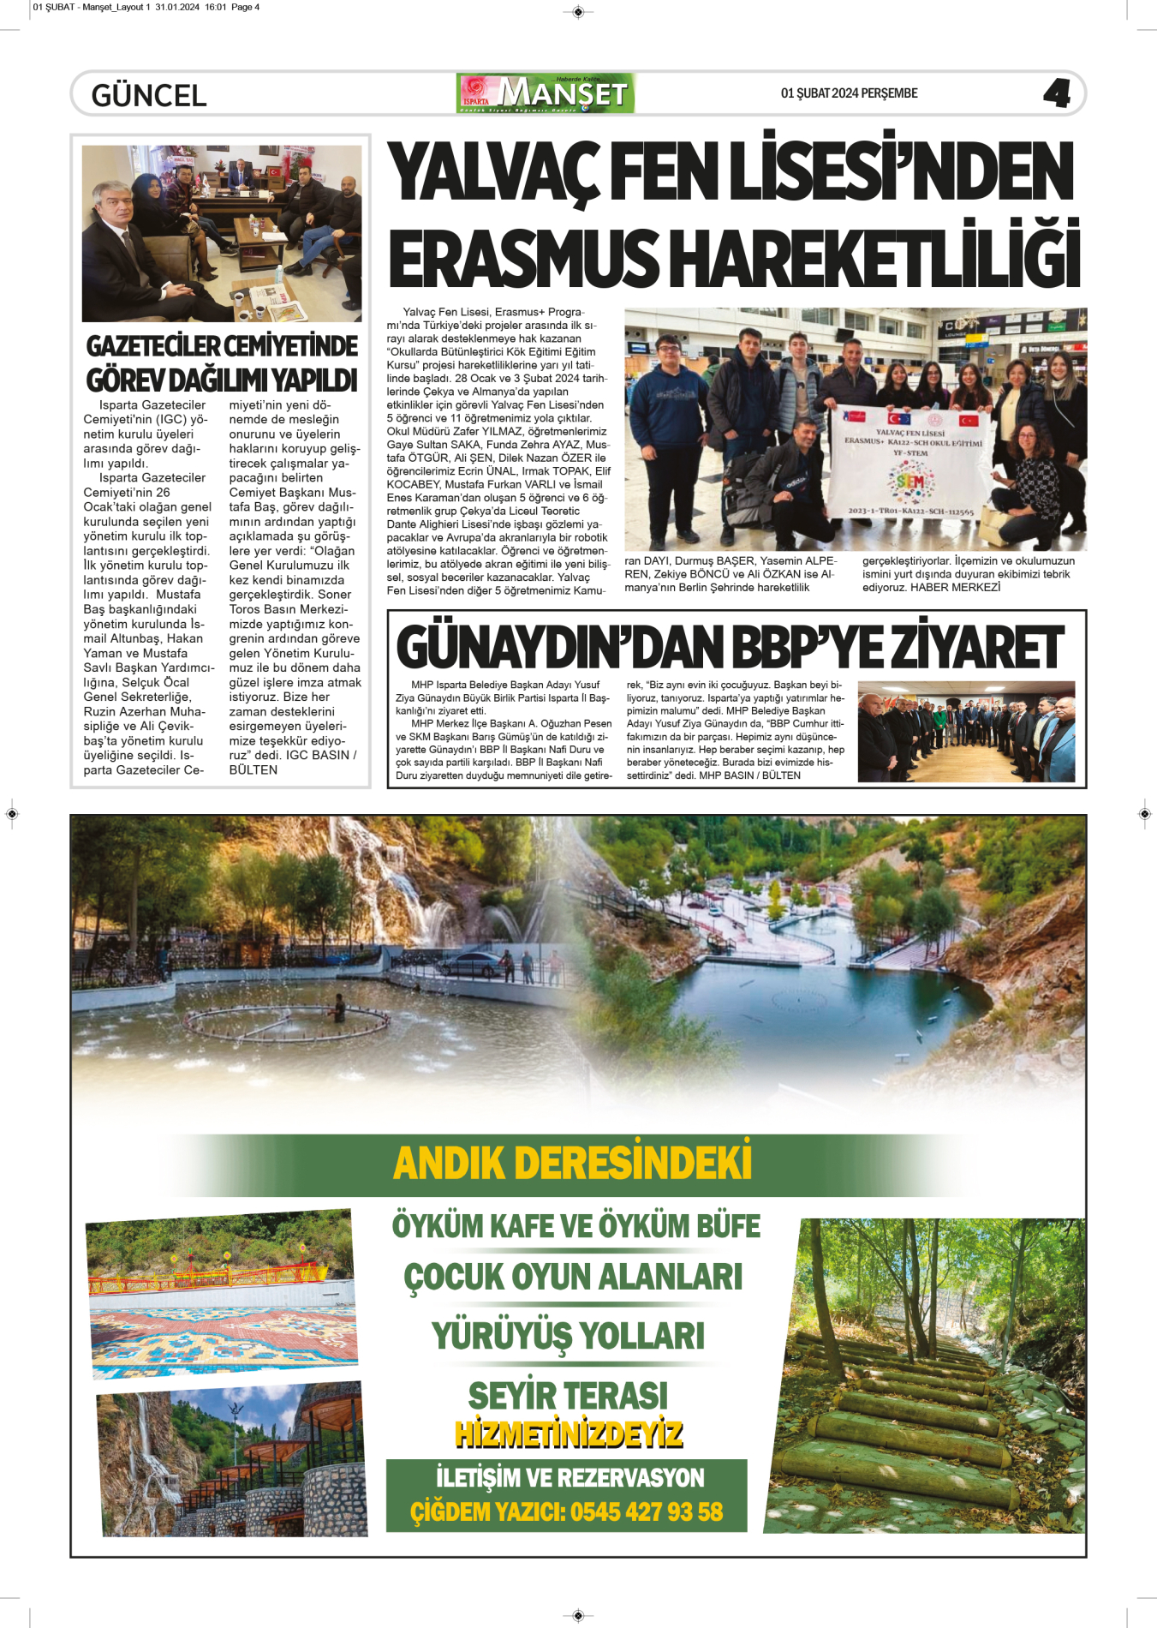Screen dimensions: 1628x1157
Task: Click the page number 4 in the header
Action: tap(1057, 93)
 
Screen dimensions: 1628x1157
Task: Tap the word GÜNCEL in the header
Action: tap(149, 95)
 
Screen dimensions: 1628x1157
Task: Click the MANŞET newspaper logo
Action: tap(546, 93)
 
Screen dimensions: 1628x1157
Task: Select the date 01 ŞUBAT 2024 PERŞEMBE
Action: tap(849, 93)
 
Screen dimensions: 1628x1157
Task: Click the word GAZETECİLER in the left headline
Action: tap(152, 346)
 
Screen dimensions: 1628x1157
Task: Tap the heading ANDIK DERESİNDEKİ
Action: tap(572, 1164)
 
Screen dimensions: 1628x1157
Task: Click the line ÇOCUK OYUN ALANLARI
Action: tap(573, 1277)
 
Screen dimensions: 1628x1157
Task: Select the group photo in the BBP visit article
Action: tap(966, 731)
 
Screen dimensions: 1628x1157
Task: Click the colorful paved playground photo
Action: tap(222, 1294)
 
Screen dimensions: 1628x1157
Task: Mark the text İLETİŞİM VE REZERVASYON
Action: tap(570, 1478)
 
